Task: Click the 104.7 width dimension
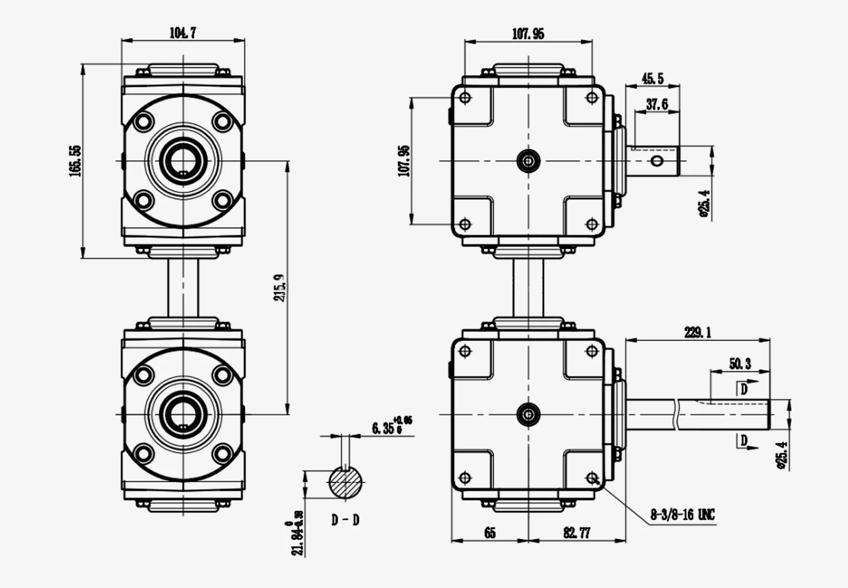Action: point(182,33)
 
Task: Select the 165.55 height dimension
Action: point(75,161)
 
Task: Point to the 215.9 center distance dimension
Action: point(280,287)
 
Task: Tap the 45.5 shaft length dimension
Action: point(652,78)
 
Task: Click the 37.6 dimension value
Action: point(657,104)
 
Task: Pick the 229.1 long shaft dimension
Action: point(698,332)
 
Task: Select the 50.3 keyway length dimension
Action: point(740,364)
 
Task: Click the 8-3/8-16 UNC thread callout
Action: point(682,515)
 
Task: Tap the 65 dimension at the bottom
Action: point(490,533)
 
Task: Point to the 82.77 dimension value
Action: point(577,533)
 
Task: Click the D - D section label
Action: point(346,520)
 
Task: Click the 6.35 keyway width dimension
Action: point(391,427)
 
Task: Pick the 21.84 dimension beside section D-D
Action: point(298,532)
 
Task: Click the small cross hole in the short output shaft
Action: point(657,161)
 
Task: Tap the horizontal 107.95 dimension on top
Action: point(528,34)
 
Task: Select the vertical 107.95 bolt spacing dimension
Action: point(404,161)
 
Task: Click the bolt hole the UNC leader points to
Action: point(592,477)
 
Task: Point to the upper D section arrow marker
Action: point(744,389)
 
